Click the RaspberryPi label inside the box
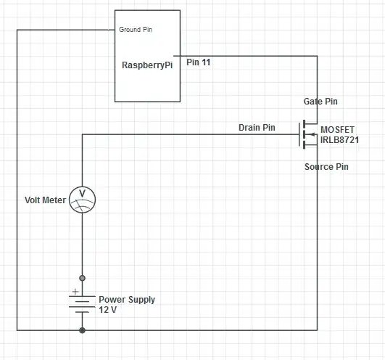click(148, 65)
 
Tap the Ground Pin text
click(135, 30)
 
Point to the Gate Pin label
click(320, 102)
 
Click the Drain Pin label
click(257, 128)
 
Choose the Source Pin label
click(326, 167)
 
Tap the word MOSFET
click(338, 129)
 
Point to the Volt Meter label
click(45, 200)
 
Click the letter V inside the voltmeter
click(82, 194)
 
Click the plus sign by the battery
click(75, 291)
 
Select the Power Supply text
click(127, 299)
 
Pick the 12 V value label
click(108, 309)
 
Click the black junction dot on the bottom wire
click(82, 330)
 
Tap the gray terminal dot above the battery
click(82, 278)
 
